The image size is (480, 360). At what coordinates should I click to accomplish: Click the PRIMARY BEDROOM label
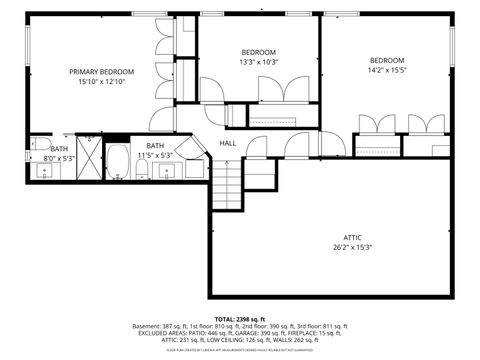coord(101,72)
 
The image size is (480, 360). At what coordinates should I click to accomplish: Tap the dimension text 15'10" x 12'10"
coord(101,82)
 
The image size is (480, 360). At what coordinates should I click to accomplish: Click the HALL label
coord(228,143)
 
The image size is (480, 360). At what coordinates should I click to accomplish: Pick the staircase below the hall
coord(229,182)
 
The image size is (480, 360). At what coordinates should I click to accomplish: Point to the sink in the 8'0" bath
coord(44,171)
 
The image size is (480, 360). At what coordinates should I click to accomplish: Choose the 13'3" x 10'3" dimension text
coord(258,62)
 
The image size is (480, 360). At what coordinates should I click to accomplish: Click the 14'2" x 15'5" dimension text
coord(386,70)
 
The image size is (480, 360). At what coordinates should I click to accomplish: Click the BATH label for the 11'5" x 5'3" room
coord(155,146)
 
